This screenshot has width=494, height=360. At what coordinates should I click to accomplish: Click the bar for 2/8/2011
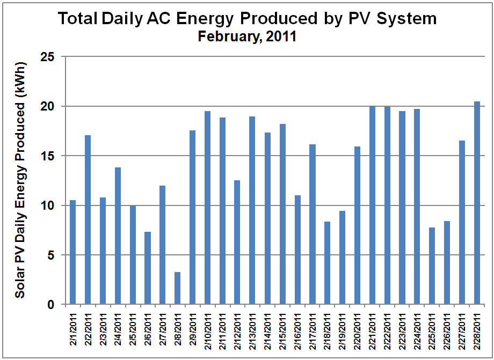pyautogui.click(x=178, y=289)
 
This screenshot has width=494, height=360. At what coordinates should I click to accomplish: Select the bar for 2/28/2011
pyautogui.click(x=477, y=203)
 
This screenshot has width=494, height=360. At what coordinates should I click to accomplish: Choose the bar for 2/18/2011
pyautogui.click(x=328, y=263)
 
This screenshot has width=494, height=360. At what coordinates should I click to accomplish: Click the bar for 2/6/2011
pyautogui.click(x=148, y=268)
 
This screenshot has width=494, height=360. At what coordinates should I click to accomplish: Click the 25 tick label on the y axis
pyautogui.click(x=49, y=56)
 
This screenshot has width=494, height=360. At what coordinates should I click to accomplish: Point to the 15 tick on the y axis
pyautogui.click(x=49, y=156)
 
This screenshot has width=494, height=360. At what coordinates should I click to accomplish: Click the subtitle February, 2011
pyautogui.click(x=247, y=37)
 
